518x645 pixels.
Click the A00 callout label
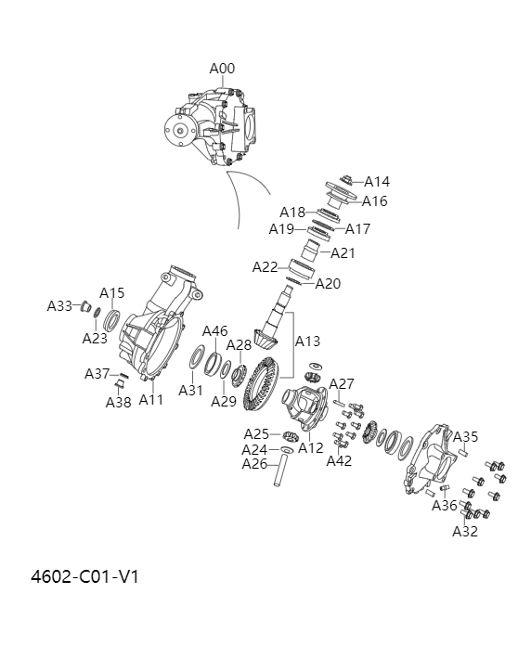pyautogui.click(x=222, y=69)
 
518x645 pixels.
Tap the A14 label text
pyautogui.click(x=377, y=182)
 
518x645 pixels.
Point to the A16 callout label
pyautogui.click(x=375, y=201)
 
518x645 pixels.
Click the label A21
pyautogui.click(x=343, y=252)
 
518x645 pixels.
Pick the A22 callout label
pyautogui.click(x=265, y=267)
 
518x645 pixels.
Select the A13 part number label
pyautogui.click(x=308, y=342)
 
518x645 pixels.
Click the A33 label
pyautogui.click(x=59, y=306)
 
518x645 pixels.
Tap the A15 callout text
pyautogui.click(x=112, y=293)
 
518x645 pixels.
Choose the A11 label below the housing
pyautogui.click(x=151, y=400)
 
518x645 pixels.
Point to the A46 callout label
pyautogui.click(x=215, y=331)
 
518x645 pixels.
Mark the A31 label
pyautogui.click(x=190, y=391)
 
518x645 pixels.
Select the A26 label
pyautogui.click(x=254, y=464)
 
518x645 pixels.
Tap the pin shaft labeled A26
pyautogui.click(x=277, y=470)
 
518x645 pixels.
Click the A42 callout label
pyautogui.click(x=340, y=460)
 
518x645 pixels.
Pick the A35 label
pyautogui.click(x=466, y=437)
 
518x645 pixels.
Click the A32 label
pyautogui.click(x=465, y=532)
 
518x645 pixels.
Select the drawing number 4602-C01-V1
pyautogui.click(x=85, y=576)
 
